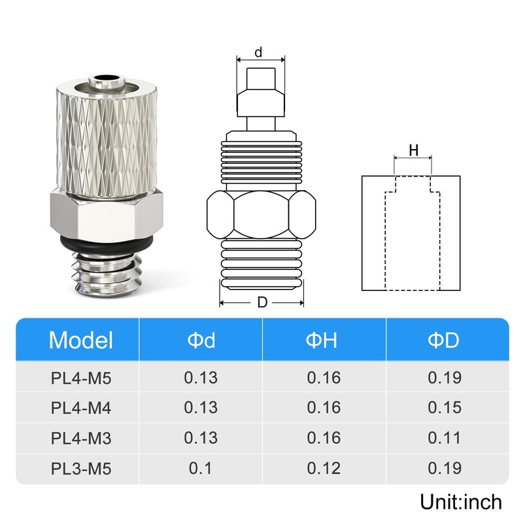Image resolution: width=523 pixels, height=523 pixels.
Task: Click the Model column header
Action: (x=80, y=340)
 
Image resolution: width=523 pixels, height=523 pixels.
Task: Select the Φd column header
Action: (x=201, y=340)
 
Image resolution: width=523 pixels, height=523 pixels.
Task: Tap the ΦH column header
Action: (x=322, y=340)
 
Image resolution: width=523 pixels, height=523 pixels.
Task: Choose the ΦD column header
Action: (x=444, y=340)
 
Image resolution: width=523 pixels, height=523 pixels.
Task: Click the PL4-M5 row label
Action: (x=80, y=379)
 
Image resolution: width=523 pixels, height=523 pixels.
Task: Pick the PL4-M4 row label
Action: (x=80, y=408)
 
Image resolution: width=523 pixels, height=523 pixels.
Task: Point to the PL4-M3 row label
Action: (x=80, y=438)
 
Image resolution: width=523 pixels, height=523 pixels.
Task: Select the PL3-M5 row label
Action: (x=80, y=469)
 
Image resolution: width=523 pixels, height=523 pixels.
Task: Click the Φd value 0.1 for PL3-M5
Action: (x=200, y=468)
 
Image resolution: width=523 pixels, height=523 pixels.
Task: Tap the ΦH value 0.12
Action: (x=324, y=468)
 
